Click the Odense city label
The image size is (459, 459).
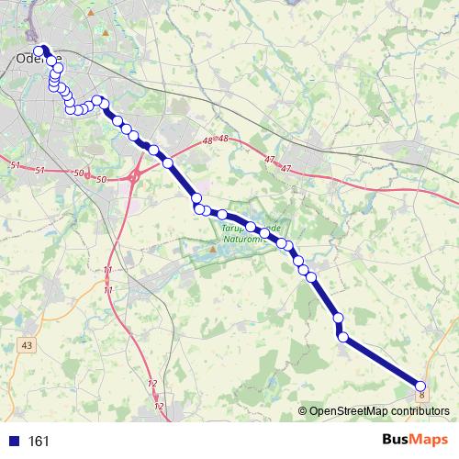[x=38, y=60]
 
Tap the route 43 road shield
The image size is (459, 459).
[x=26, y=345]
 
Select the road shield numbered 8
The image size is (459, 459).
[x=421, y=396]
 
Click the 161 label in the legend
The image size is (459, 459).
[x=39, y=441]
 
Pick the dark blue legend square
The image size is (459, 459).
[x=14, y=441]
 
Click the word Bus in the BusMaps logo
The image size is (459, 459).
[x=397, y=440]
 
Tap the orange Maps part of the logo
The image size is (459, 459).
[x=429, y=440]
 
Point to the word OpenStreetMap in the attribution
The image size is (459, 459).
[x=350, y=411]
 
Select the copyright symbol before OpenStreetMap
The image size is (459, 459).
[x=303, y=411]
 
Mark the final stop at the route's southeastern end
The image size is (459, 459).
[x=421, y=386]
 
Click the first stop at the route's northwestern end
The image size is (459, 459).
[x=39, y=50]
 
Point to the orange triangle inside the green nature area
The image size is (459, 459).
[x=213, y=248]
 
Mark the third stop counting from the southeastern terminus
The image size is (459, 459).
[x=339, y=318]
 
